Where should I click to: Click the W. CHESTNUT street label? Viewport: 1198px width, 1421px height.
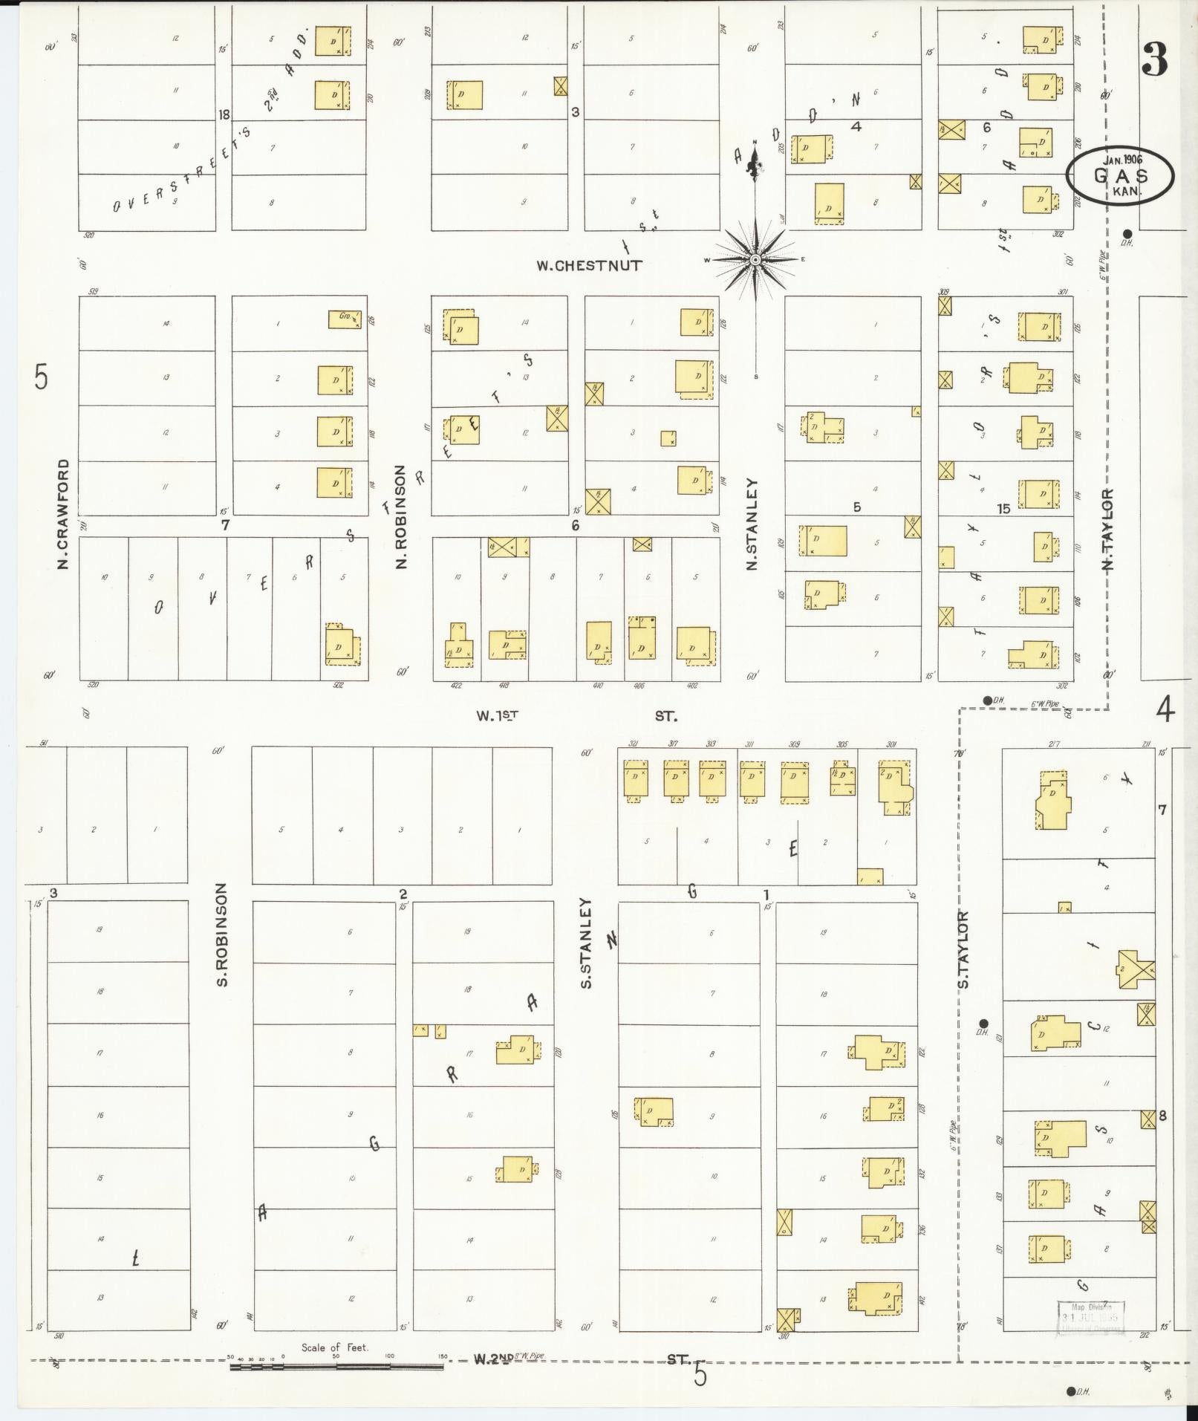[x=589, y=265]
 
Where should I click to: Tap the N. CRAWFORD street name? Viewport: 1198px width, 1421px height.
[x=63, y=514]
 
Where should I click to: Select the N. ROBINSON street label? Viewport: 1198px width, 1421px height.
[x=401, y=517]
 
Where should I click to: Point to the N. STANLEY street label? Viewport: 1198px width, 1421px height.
[x=752, y=524]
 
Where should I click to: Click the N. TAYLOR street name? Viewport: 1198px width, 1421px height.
[x=1109, y=530]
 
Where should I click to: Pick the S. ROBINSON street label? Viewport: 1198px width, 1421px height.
[x=222, y=934]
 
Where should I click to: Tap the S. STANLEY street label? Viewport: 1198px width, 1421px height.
[x=585, y=943]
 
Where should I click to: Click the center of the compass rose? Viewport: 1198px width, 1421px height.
[x=755, y=259]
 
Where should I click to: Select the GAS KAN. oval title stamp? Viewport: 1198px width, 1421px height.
[x=1120, y=175]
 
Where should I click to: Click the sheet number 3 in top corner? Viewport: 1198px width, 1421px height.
[x=1155, y=59]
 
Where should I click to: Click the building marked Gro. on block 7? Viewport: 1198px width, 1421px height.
[x=345, y=319]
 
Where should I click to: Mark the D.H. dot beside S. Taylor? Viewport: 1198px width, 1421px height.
[x=983, y=1023]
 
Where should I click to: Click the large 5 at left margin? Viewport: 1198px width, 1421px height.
[x=41, y=377]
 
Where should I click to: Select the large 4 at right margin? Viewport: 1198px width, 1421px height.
[x=1165, y=711]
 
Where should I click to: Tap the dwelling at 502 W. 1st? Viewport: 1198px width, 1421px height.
[x=342, y=645]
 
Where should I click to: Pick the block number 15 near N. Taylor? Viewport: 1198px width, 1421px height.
[x=1003, y=509]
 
